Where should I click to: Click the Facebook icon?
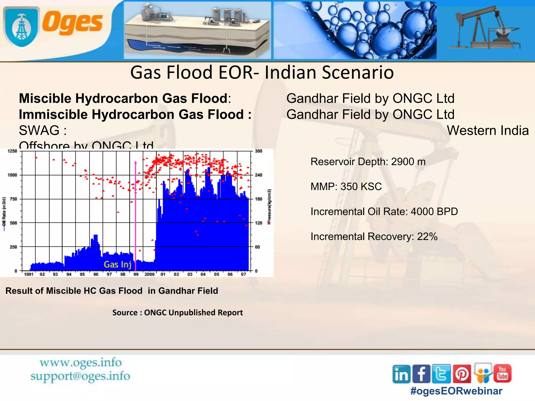(x=421, y=374)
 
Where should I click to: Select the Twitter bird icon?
(x=441, y=374)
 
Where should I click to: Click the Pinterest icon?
(x=462, y=374)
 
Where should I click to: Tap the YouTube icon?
(x=502, y=373)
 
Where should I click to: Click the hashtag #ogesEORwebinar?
(x=456, y=391)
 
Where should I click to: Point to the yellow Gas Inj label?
(x=118, y=264)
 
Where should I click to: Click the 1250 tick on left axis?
(x=12, y=151)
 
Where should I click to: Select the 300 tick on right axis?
(x=258, y=151)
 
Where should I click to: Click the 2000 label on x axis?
(x=149, y=274)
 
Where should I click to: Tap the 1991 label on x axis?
(x=29, y=274)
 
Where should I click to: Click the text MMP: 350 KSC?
(x=346, y=187)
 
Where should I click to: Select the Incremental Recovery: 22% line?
(x=374, y=237)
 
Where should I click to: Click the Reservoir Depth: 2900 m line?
(x=368, y=162)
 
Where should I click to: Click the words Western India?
(x=488, y=130)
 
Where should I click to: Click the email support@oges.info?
(x=80, y=376)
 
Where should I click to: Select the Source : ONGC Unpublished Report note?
(x=177, y=312)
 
